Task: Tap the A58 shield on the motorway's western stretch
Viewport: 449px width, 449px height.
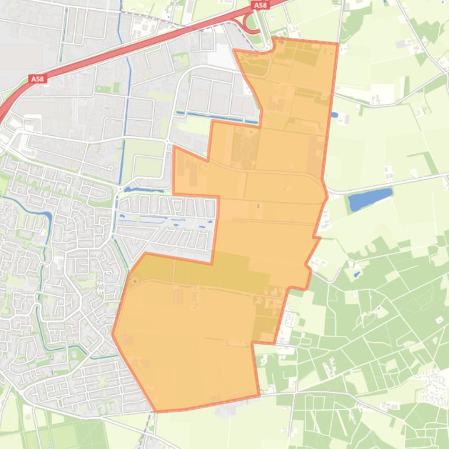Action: tap(37, 79)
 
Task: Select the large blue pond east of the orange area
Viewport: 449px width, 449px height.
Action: tap(370, 200)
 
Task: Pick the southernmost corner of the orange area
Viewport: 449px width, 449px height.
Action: tap(156, 411)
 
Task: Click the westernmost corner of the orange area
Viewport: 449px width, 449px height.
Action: tap(113, 334)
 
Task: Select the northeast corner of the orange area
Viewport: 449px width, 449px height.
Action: tap(337, 43)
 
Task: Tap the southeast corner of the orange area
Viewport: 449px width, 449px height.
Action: tap(259, 396)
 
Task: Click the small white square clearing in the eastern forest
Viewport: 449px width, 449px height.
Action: tap(439, 320)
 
